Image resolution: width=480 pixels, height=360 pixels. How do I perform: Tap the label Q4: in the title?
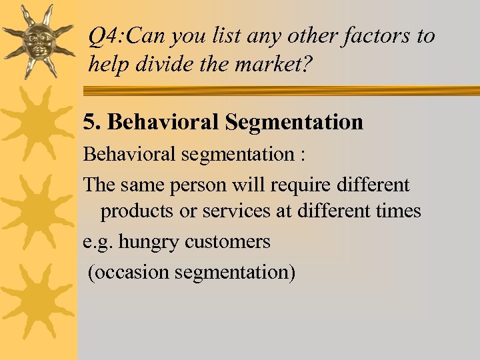click(x=105, y=37)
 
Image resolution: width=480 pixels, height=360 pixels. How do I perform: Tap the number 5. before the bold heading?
click(x=92, y=122)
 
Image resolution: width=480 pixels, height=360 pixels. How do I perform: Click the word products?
click(x=137, y=211)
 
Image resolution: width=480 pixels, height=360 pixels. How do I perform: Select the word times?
click(x=397, y=211)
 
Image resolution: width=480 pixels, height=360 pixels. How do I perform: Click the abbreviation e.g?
click(x=97, y=241)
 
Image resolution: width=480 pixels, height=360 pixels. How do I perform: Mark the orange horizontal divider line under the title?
click(x=280, y=91)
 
